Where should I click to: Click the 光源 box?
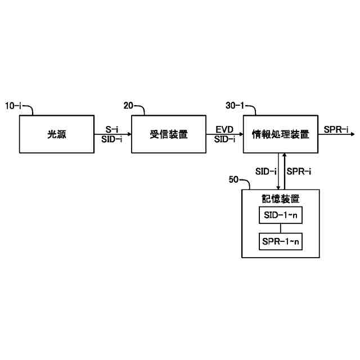click(x=56, y=134)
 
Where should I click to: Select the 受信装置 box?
click(x=168, y=134)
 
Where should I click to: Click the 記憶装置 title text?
click(x=280, y=199)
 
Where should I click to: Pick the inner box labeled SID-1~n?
click(x=280, y=215)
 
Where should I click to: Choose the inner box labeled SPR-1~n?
click(x=280, y=242)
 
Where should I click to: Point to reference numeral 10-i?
click(x=15, y=106)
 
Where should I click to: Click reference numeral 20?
click(x=128, y=106)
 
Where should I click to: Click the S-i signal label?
click(x=111, y=129)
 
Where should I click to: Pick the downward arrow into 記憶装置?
click(x=279, y=172)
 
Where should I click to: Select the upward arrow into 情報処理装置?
click(x=285, y=172)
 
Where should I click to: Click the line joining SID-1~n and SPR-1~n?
click(x=280, y=228)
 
